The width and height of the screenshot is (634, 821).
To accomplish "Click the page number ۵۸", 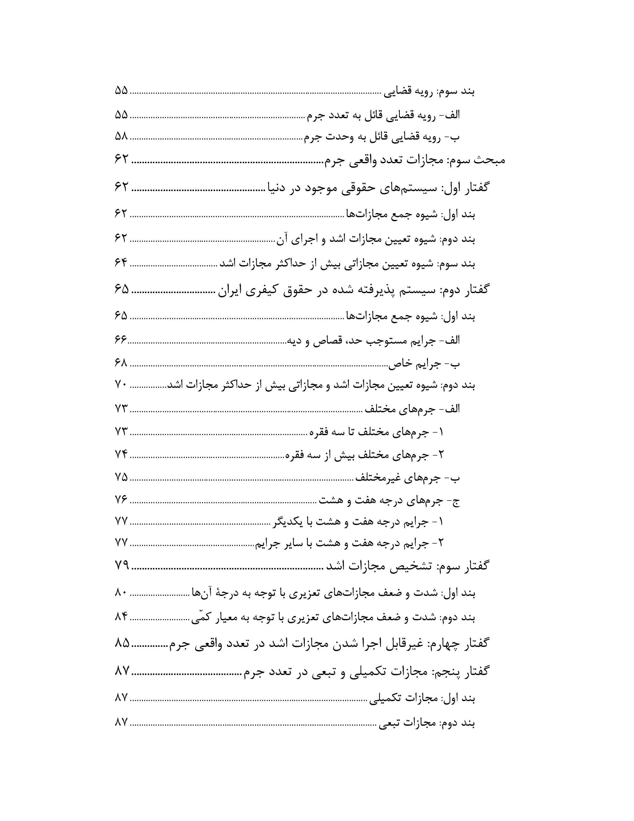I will [x=121, y=136].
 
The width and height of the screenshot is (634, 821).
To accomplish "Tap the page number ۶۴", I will [x=121, y=263].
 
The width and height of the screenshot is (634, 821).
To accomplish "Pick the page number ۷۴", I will [x=121, y=454].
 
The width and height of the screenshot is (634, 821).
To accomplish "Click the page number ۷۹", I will [x=121, y=565].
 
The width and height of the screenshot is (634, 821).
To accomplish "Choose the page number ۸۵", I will [x=121, y=643].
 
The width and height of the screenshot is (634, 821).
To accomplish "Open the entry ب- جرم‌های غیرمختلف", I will [x=408, y=478].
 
